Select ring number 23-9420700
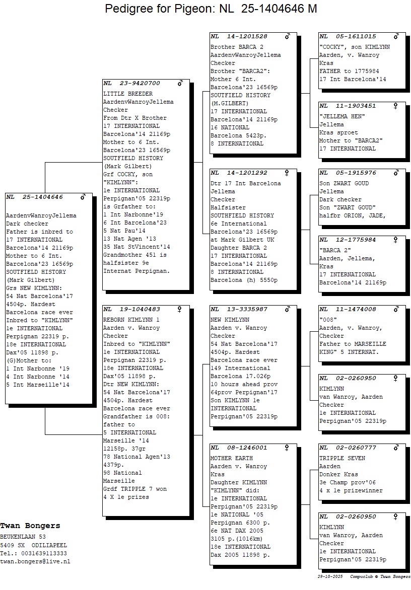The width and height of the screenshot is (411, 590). (140, 83)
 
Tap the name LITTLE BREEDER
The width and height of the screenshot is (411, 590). (128, 94)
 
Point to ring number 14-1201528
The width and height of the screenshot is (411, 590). (247, 37)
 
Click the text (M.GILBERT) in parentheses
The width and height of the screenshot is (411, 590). (229, 104)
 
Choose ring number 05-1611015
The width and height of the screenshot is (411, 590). (356, 37)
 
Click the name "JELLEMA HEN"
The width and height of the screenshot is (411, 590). (342, 117)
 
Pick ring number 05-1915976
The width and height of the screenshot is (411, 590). (356, 173)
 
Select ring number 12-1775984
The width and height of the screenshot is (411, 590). (356, 240)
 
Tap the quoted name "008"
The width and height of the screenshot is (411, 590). (328, 320)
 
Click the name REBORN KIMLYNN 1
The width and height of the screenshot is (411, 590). (131, 320)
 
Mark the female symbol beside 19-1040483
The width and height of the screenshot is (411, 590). (179, 309)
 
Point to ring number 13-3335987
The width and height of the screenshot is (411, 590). (247, 309)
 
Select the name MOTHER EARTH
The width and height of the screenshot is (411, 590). (232, 458)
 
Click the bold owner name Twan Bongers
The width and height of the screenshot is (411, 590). (30, 526)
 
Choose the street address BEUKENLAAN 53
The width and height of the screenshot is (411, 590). (23, 537)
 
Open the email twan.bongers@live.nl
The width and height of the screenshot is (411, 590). (35, 561)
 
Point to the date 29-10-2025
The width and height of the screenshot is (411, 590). (330, 577)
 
